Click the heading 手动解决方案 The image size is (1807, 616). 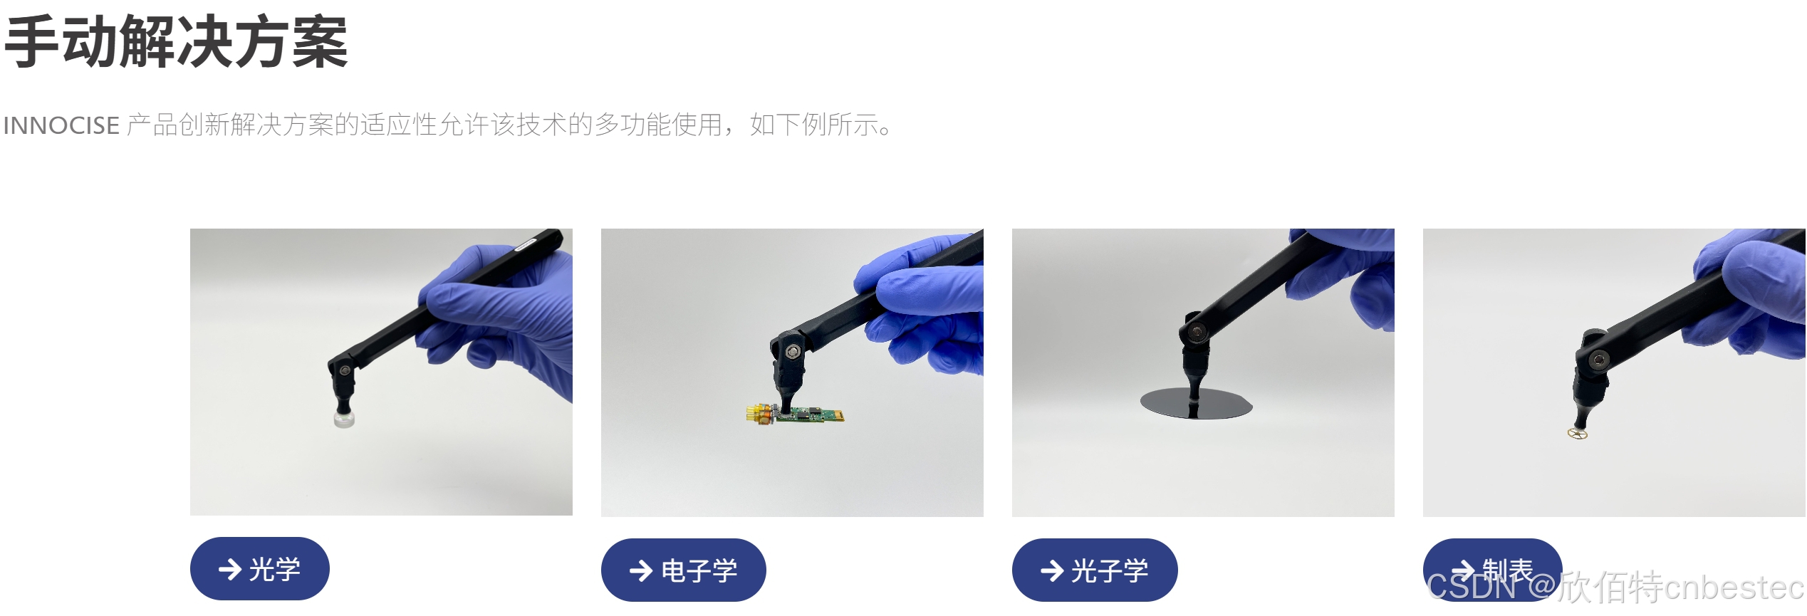[176, 43]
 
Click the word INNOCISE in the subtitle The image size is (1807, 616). [62, 125]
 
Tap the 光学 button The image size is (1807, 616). [259, 569]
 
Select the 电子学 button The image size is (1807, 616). [683, 570]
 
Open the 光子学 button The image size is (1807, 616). [1094, 570]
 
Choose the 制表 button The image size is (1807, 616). [1492, 570]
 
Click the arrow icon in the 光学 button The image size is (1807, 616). [229, 569]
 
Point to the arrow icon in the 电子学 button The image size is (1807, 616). [640, 570]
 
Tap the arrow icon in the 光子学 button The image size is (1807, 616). [1051, 570]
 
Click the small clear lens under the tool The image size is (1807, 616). [344, 419]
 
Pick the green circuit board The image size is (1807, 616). [808, 414]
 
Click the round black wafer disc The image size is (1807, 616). [1196, 404]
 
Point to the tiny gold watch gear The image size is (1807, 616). [1578, 433]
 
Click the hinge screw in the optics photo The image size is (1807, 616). [345, 370]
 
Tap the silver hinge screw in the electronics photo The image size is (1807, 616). [792, 352]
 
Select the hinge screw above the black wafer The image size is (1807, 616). [1197, 330]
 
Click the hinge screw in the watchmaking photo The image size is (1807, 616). [1600, 359]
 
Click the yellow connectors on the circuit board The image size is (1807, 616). [759, 414]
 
